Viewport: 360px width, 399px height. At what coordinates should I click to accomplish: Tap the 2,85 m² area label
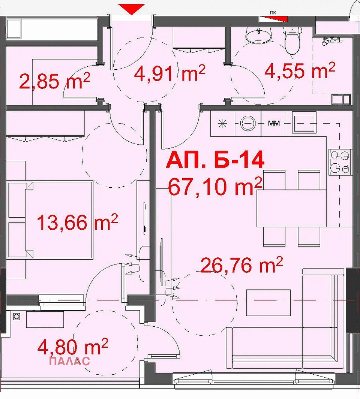tap(55, 81)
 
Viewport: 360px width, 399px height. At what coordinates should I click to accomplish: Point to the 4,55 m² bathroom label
tap(300, 70)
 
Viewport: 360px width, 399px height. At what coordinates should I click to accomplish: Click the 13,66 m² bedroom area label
tap(78, 222)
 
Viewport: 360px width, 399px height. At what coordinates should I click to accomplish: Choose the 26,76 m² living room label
tap(242, 265)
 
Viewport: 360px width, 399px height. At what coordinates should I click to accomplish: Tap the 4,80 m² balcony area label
tap(73, 347)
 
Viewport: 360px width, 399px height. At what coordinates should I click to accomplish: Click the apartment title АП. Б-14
tap(215, 160)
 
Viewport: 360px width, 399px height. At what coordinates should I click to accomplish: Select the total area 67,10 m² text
tap(215, 186)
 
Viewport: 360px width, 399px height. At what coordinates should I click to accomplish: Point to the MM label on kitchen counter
tap(274, 123)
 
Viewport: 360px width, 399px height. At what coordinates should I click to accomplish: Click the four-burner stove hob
tap(340, 162)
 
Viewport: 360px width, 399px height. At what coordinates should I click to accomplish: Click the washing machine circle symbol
tap(247, 123)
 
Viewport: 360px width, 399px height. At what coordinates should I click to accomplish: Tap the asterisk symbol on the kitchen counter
tap(223, 123)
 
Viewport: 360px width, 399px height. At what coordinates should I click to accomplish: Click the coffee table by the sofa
tap(268, 303)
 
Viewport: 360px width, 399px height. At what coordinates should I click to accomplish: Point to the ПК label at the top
tap(273, 12)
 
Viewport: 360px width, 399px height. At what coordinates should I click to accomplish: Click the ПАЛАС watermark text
tap(69, 361)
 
